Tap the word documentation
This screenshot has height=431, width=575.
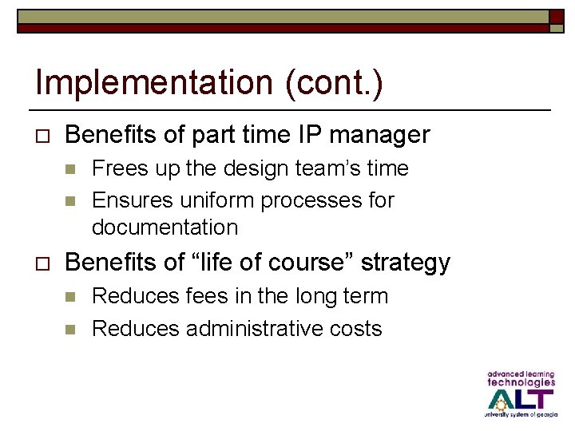coord(165,227)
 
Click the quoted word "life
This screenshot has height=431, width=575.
coord(217,263)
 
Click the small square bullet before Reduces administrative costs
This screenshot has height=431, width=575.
coord(70,329)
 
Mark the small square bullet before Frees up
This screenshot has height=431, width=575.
coord(70,169)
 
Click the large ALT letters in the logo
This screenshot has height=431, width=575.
coord(520,397)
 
